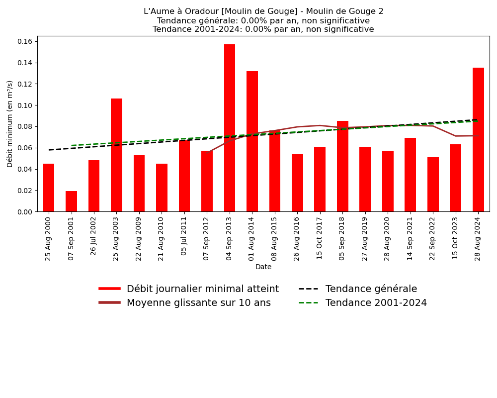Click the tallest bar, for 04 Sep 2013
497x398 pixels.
230,128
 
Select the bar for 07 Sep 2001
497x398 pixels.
72,201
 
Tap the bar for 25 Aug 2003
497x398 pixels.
116,155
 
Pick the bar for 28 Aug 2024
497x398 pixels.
478,140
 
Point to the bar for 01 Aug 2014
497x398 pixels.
252,141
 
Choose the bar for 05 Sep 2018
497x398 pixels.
342,166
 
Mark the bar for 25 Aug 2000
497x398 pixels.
49,188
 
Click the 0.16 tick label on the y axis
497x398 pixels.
24,41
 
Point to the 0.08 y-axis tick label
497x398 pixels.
24,126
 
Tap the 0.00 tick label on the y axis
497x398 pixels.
24,212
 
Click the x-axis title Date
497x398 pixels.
263,267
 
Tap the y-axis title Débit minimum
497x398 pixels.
10,123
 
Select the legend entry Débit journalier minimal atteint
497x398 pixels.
202,289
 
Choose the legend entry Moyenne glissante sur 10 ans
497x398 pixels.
198,303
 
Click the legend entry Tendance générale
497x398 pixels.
371,289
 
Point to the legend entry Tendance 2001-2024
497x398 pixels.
376,303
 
